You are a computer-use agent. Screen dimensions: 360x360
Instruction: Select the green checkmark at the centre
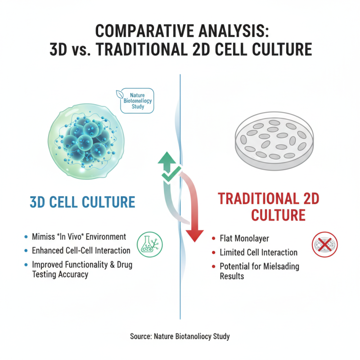tap(168, 175)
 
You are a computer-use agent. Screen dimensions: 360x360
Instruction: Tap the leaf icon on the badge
tap(120, 95)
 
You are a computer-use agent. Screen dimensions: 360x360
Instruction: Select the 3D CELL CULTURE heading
tap(82, 202)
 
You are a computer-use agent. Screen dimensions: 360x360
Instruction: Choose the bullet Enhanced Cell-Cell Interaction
tap(81, 250)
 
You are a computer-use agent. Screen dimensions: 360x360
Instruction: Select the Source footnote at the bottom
tap(180, 336)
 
